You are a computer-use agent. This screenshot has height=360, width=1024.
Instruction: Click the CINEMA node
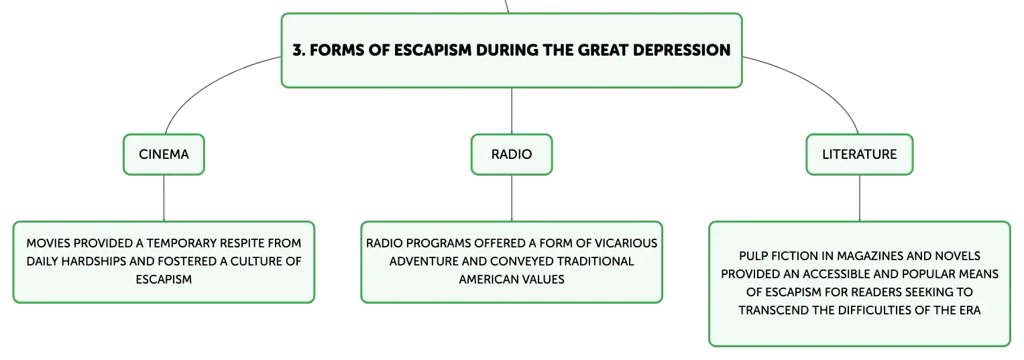[x=164, y=154]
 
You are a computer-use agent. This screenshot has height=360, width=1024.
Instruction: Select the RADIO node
[x=512, y=154]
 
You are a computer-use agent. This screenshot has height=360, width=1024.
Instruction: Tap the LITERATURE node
[x=860, y=154]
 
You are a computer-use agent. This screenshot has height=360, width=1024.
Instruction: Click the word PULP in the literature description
[x=753, y=256]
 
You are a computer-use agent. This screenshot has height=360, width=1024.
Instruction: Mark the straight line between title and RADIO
[x=512, y=111]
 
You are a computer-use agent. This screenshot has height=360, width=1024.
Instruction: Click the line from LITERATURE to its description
[x=860, y=198]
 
